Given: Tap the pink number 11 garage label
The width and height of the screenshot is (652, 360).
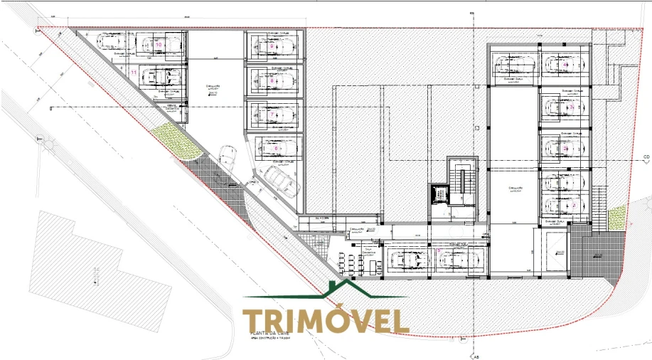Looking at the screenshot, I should tap(133, 72).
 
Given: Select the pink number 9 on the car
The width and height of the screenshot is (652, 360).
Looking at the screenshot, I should tap(272, 46).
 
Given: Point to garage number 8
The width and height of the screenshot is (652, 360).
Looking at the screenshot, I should tap(272, 80).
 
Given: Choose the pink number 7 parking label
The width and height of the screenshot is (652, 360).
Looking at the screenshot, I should tap(272, 114).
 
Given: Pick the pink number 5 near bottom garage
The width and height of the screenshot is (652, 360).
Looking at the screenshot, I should tap(439, 251).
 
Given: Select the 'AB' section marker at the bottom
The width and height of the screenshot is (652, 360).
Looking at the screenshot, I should tap(474, 355).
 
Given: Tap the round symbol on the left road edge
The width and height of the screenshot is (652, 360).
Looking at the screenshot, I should tap(50, 144).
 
